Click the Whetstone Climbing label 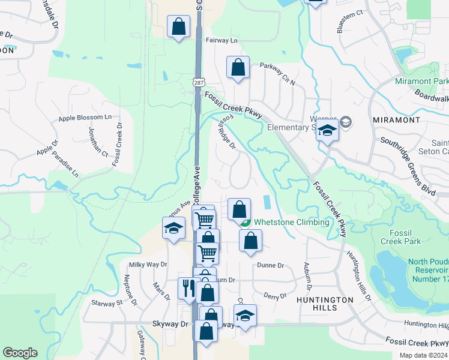[291, 222]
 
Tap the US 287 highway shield [198, 80]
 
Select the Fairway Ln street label [222, 40]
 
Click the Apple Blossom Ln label [85, 118]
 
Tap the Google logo [20, 353]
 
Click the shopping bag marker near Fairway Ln [178, 27]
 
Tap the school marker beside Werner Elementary [327, 130]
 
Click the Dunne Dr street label [270, 265]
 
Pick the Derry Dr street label [275, 296]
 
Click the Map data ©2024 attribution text [424, 355]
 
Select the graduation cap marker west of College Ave [173, 228]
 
